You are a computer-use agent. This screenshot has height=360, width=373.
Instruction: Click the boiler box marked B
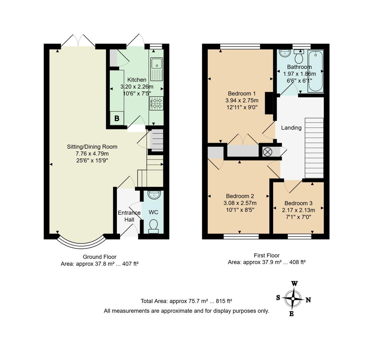point(117,118)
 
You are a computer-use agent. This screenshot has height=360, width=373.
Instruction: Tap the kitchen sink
point(156,69)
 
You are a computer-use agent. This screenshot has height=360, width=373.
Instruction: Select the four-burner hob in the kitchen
point(156,103)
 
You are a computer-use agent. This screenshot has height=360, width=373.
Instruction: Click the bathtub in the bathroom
point(315,71)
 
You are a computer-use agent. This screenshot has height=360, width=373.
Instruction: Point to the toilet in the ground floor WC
point(153,226)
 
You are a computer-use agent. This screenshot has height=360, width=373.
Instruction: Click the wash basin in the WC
point(154,195)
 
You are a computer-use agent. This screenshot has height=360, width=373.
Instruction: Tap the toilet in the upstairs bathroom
point(299,57)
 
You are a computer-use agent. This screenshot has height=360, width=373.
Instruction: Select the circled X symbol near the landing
point(268,152)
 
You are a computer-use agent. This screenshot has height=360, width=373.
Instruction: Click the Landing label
point(291,128)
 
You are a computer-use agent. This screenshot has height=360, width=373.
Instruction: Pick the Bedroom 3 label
point(298,203)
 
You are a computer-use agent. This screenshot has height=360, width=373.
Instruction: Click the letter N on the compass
point(308,300)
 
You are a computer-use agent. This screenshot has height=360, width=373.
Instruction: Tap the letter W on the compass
point(294,284)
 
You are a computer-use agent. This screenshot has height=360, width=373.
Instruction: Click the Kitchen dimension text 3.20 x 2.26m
point(137,87)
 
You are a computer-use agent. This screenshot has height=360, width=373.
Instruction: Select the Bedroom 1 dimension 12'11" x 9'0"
point(242,107)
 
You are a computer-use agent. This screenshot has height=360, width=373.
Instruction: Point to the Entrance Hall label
point(129,216)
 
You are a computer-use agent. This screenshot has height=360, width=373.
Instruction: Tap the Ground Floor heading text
point(99,257)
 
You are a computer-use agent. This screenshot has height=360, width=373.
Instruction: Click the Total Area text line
point(186,301)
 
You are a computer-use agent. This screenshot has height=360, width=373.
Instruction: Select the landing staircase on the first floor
point(314,148)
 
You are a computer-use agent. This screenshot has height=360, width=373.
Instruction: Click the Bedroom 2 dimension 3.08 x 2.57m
point(240,203)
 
